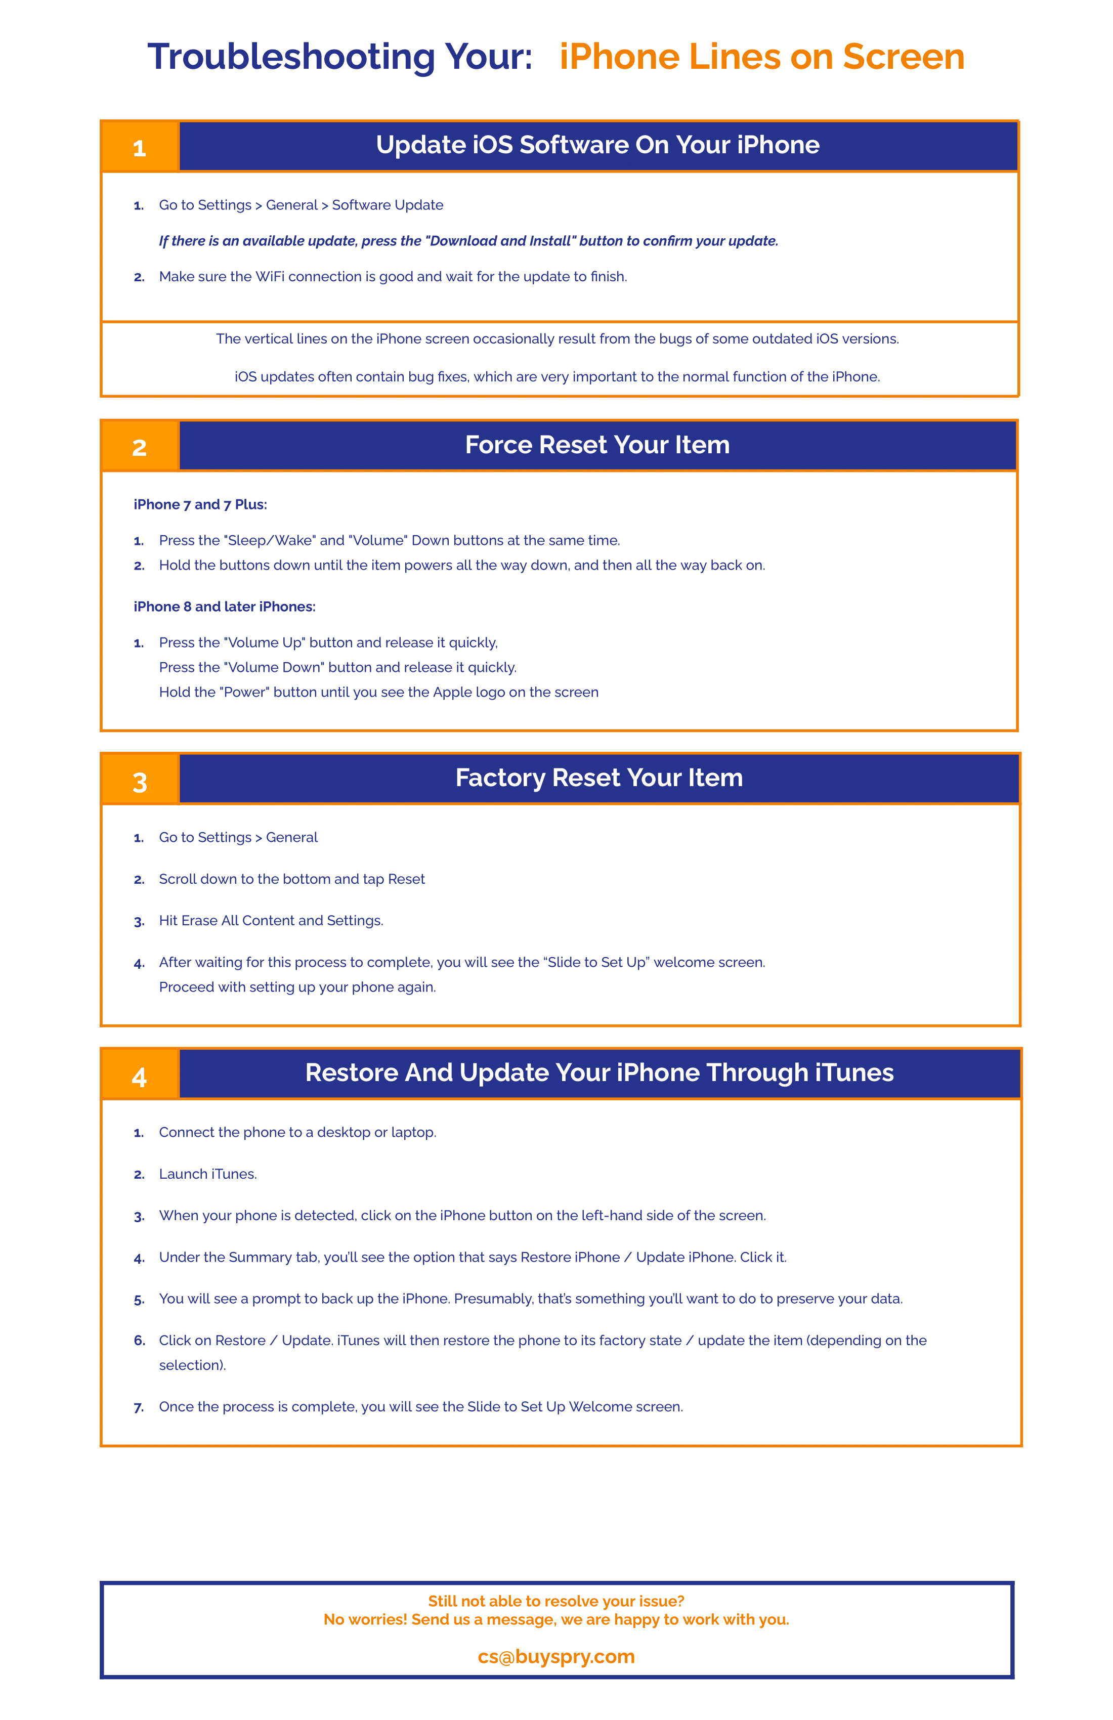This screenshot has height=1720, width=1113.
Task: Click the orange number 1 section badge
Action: tap(140, 147)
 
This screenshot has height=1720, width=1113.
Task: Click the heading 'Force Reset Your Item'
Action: tap(597, 445)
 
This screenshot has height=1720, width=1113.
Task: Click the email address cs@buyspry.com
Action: tap(556, 1656)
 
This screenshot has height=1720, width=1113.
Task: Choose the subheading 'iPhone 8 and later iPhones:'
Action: tap(224, 607)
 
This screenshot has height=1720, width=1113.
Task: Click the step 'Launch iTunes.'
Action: tap(207, 1174)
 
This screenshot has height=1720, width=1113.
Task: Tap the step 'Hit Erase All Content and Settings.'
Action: tap(271, 921)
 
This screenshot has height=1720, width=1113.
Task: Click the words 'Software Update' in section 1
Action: tap(388, 205)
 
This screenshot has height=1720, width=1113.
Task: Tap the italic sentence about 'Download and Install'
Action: tap(468, 241)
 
